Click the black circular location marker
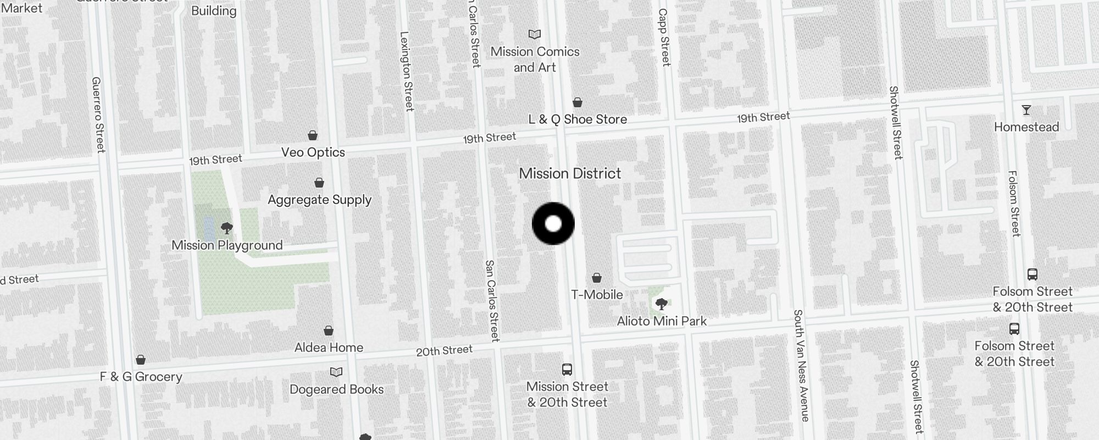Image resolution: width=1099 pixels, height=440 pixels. (x=553, y=224)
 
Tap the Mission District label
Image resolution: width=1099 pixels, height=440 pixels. (x=570, y=174)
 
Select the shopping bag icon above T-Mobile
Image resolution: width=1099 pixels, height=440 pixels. (x=597, y=278)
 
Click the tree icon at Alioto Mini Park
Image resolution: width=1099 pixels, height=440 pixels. (x=662, y=304)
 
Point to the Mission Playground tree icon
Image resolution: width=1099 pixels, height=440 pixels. (x=226, y=228)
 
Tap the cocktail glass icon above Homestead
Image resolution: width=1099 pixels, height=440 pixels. (x=1026, y=110)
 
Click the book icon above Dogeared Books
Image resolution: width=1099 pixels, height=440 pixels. (x=336, y=372)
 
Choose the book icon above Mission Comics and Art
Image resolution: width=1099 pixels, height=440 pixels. (x=534, y=35)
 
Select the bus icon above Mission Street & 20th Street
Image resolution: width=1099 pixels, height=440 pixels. (x=567, y=370)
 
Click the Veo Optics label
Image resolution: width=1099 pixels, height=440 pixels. (x=313, y=152)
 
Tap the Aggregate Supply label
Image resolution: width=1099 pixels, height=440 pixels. (x=319, y=200)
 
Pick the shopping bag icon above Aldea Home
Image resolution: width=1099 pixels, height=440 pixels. (x=329, y=331)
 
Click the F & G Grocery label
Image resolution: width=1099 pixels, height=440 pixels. (x=141, y=377)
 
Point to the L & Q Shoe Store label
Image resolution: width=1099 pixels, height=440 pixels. (x=578, y=119)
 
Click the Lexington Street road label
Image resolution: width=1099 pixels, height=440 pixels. (x=407, y=71)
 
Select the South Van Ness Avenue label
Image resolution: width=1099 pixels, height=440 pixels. (x=801, y=366)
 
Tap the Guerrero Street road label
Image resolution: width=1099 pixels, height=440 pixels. (x=98, y=114)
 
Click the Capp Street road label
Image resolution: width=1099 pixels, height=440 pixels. (x=664, y=37)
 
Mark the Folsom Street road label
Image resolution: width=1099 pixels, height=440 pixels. (x=1014, y=204)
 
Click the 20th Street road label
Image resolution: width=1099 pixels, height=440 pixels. (x=444, y=350)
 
